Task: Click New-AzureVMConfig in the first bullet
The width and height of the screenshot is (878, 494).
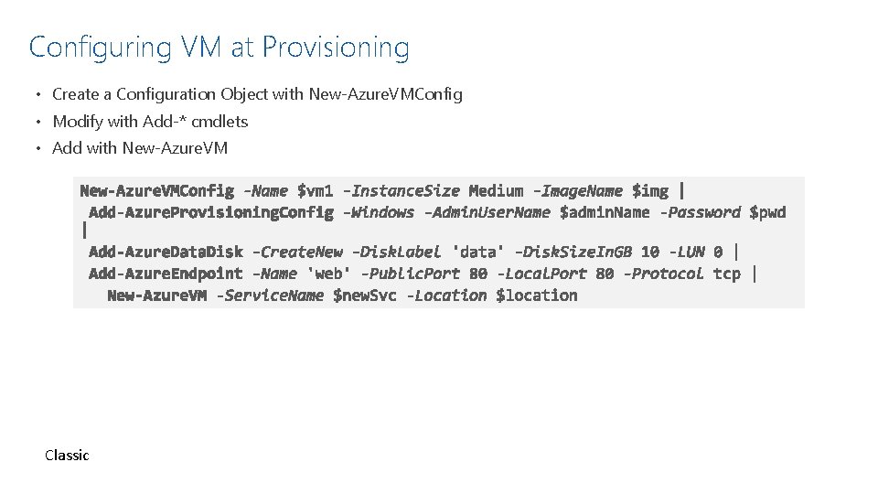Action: (386, 94)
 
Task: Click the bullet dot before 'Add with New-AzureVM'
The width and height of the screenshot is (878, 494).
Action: (41, 148)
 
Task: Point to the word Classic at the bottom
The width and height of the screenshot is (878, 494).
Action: (67, 455)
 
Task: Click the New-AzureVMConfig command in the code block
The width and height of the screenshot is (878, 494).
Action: (156, 191)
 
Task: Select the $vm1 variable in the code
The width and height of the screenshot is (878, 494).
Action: (316, 191)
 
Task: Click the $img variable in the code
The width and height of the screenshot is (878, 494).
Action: (650, 191)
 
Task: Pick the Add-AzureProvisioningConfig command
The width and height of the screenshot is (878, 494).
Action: (211, 212)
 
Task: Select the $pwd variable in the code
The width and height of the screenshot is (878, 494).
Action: (767, 212)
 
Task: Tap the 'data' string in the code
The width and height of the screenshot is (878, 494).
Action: (477, 252)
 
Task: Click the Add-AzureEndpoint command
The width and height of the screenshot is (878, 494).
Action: (166, 273)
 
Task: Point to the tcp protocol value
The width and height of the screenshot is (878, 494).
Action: (727, 273)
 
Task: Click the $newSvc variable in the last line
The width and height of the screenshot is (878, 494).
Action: (365, 295)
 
